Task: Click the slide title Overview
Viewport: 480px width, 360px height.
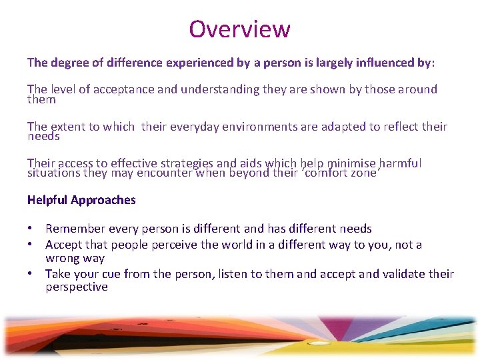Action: coord(239,29)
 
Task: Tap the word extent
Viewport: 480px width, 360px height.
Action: coord(68,127)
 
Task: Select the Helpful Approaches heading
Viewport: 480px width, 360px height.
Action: coord(81,200)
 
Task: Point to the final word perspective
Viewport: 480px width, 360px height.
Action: coord(76,287)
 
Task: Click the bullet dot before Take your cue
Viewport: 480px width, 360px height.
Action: coord(31,274)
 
